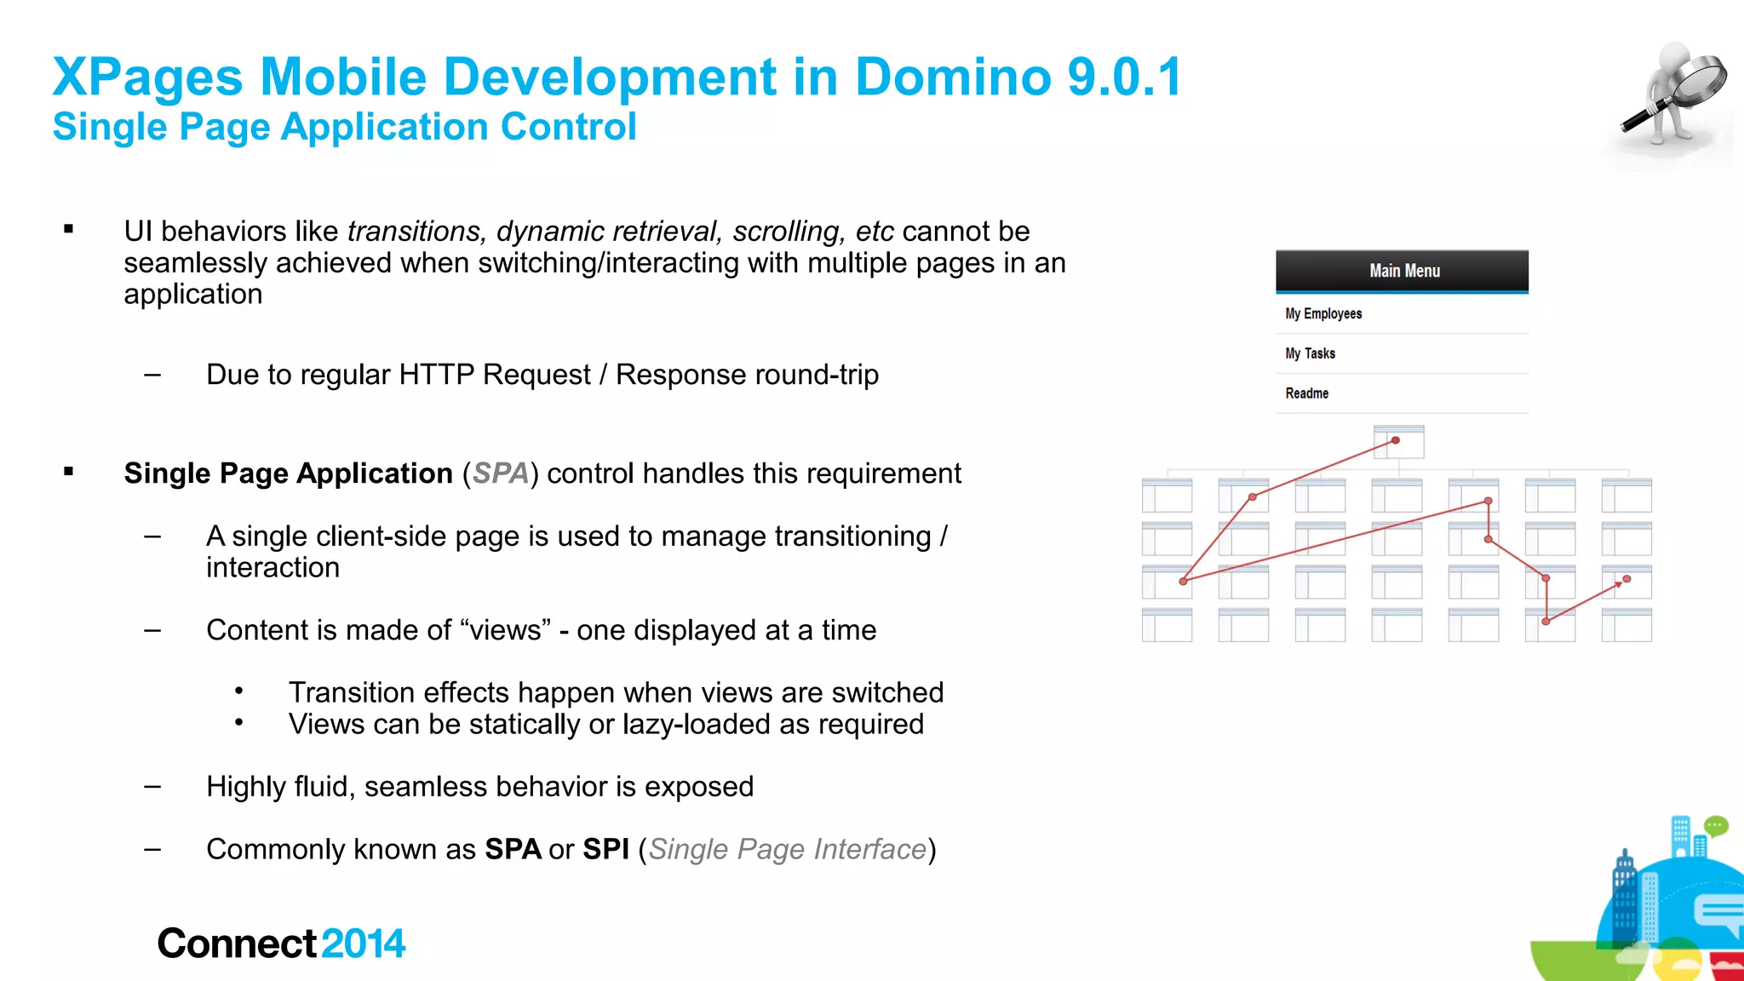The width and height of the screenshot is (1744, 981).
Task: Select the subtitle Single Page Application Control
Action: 344,127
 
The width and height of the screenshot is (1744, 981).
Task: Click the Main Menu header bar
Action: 1402,271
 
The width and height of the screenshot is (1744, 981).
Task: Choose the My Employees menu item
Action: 1323,314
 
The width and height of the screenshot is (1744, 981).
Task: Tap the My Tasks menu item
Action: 1310,353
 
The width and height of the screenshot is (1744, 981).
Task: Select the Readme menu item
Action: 1306,393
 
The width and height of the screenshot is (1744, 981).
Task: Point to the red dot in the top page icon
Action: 1396,440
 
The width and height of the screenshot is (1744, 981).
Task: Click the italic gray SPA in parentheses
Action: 500,473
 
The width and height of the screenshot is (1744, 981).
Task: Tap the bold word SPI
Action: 605,849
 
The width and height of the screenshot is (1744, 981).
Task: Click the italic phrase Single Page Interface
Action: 787,849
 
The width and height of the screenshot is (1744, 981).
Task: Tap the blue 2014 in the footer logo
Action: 364,944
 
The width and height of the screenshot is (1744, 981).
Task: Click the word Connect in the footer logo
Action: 237,944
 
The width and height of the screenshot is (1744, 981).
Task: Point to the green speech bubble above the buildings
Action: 1716,825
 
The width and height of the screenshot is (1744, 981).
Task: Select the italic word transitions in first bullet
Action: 416,232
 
